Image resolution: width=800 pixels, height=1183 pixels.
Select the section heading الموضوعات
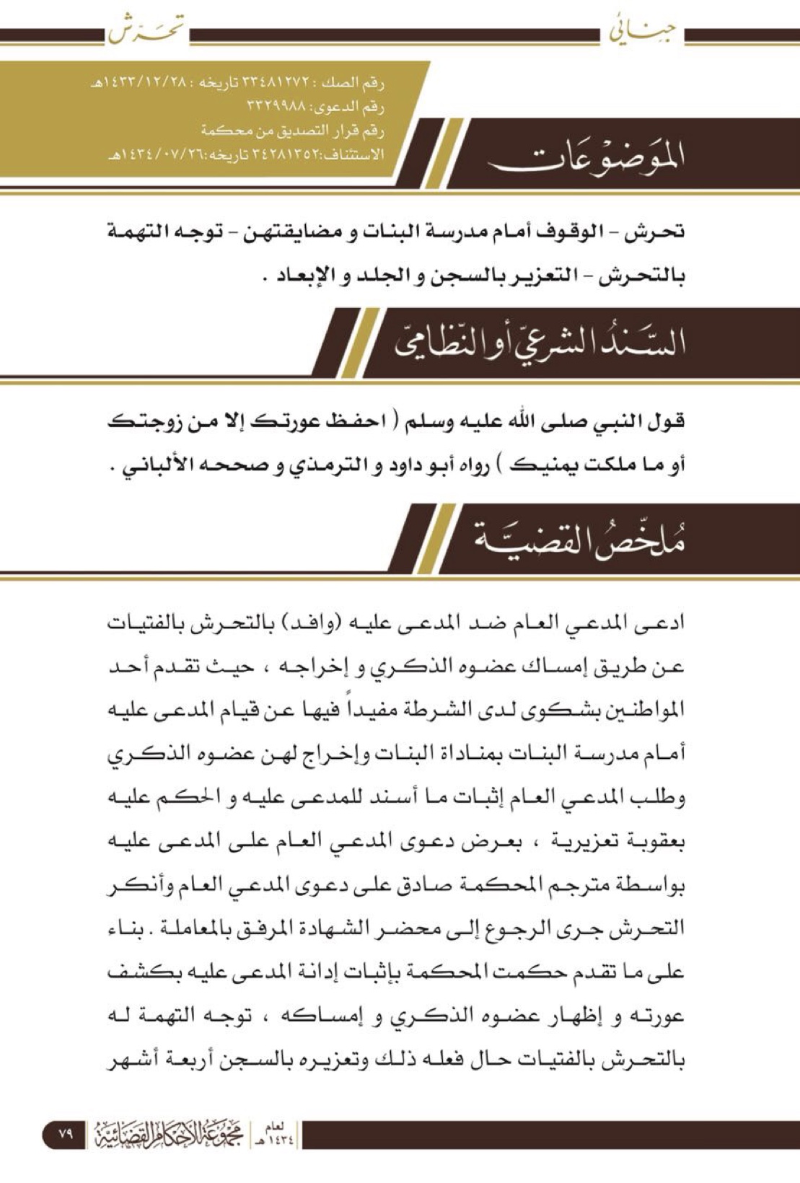point(586,155)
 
